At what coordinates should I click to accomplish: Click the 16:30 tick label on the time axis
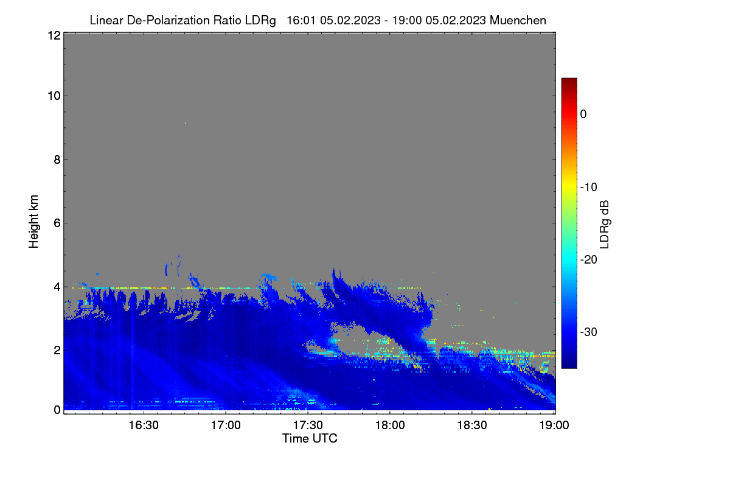pos(144,426)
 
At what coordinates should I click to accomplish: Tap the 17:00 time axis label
pos(226,426)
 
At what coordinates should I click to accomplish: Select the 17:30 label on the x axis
pos(308,426)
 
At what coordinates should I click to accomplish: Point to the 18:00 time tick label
pos(390,426)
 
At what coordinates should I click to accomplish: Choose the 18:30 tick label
pos(472,426)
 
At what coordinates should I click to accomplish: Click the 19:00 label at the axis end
pos(554,426)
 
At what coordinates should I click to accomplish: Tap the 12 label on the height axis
pos(54,35)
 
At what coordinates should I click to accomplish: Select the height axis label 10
pos(54,96)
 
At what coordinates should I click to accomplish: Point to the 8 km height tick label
pos(57,159)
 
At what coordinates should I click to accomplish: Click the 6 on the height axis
pos(57,223)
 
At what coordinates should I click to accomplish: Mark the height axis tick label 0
pos(57,410)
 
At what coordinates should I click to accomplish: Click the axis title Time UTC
pos(310,438)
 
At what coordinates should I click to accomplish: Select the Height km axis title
pos(33,222)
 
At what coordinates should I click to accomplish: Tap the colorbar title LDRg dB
pos(605,225)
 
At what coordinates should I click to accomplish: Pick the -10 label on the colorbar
pos(589,187)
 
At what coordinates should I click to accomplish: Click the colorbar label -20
pos(589,260)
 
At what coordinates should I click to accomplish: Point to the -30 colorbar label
pos(589,332)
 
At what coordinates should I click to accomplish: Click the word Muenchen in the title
pos(518,20)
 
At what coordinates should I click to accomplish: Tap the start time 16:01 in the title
pos(301,20)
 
